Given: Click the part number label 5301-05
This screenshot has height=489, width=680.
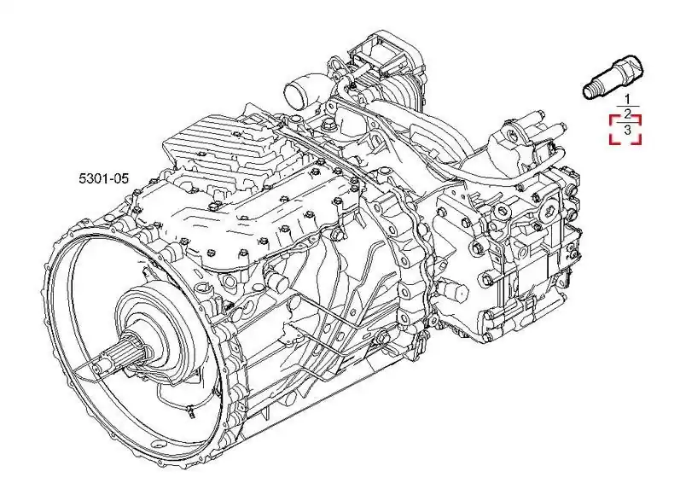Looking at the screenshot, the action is [x=103, y=178].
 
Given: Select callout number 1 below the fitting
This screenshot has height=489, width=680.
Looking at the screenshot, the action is [x=627, y=99].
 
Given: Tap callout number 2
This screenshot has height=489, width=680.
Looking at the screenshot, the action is [x=627, y=114].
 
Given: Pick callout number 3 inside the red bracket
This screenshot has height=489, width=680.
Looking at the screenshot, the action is [x=627, y=130].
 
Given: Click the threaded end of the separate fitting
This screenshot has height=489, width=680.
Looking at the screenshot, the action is [x=590, y=92].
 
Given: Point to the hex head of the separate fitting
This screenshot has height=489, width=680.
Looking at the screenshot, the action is [x=631, y=69].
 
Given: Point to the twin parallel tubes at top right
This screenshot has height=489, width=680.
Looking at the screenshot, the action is [x=547, y=125].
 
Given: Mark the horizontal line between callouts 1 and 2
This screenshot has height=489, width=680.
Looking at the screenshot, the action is [x=627, y=107].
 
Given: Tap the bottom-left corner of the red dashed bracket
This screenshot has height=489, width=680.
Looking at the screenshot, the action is [x=611, y=143].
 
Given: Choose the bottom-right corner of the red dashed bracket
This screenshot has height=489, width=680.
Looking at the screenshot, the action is [x=640, y=143].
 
